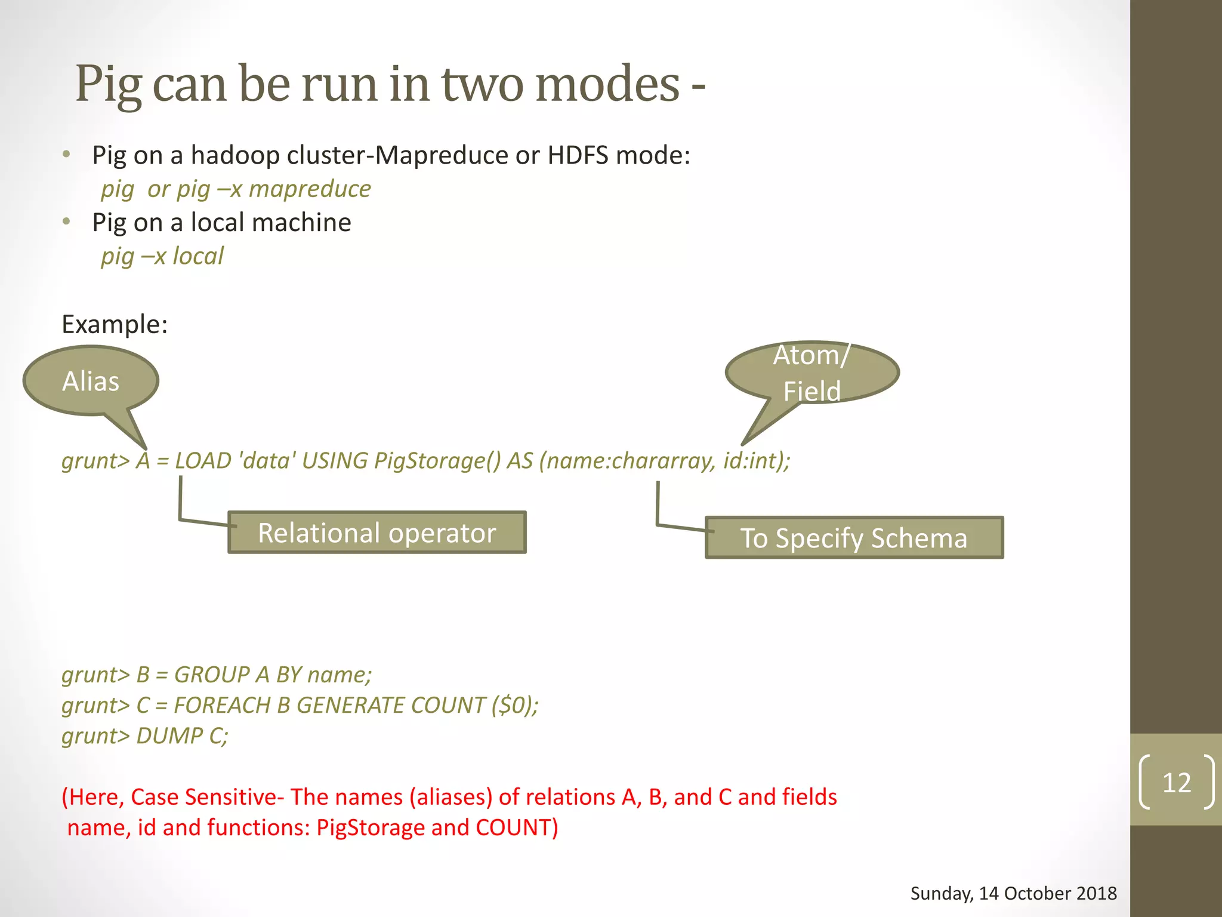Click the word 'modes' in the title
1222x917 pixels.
pyautogui.click(x=607, y=84)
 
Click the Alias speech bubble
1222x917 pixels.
pyautogui.click(x=91, y=381)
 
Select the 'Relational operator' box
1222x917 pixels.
pyautogui.click(x=377, y=533)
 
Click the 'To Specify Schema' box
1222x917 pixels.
pyautogui.click(x=854, y=538)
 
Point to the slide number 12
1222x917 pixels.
pyautogui.click(x=1176, y=783)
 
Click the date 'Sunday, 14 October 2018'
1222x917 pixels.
pyautogui.click(x=1013, y=893)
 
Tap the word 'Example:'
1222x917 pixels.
pyautogui.click(x=115, y=324)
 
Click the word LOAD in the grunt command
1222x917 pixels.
pyautogui.click(x=203, y=461)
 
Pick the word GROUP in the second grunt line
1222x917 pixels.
pyautogui.click(x=212, y=675)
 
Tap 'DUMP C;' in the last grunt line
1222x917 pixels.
pyautogui.click(x=182, y=736)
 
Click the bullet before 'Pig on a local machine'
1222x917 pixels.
pyautogui.click(x=67, y=222)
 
